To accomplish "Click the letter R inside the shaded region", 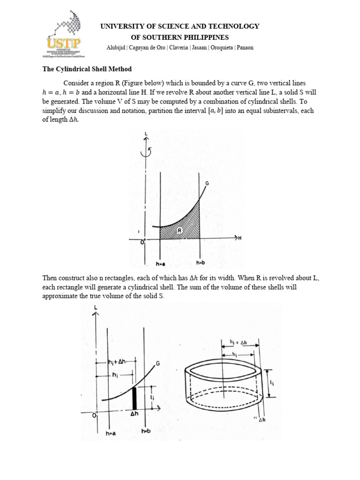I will (180, 230).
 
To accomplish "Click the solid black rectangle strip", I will (135, 398).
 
